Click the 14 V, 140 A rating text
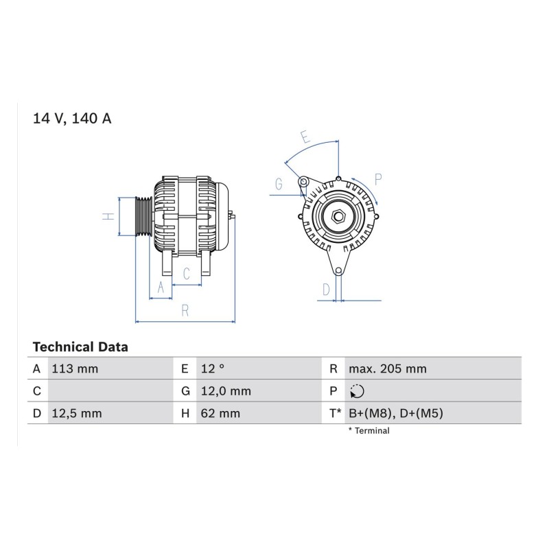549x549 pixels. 72,118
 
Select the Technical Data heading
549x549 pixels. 80,347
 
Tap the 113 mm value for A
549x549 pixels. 75,369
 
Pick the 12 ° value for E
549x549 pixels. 213,369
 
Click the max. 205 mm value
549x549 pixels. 388,369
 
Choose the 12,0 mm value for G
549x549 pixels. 226,391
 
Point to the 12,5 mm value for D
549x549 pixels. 77,414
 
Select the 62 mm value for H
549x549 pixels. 220,414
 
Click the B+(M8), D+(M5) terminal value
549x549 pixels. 396,414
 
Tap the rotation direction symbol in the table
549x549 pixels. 357,391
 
